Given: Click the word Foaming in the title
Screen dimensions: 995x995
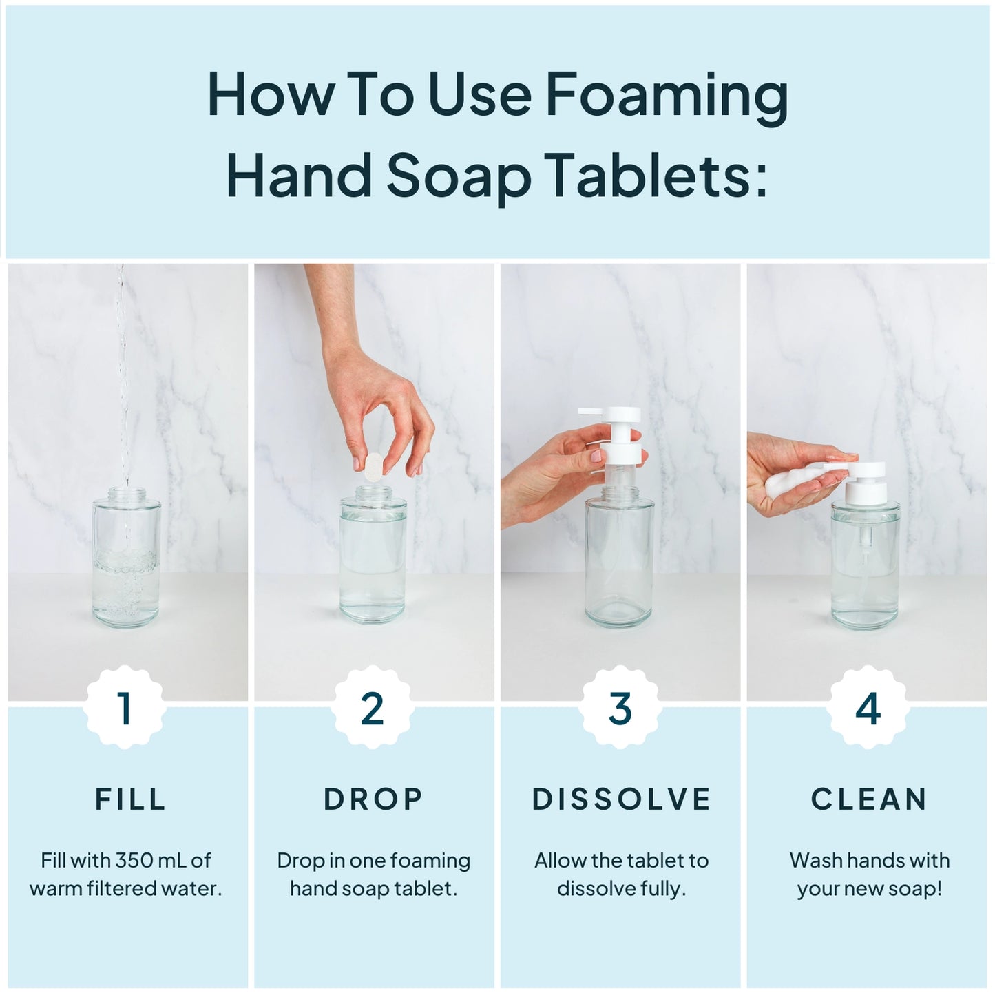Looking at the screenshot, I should coord(667,96).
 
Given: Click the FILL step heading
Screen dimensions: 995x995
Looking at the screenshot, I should coord(130,799).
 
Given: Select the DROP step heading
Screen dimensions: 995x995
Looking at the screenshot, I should coord(373,799).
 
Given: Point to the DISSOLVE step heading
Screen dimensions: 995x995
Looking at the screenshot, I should coord(621,799).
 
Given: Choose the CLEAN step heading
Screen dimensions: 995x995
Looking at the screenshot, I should coord(869,799).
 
